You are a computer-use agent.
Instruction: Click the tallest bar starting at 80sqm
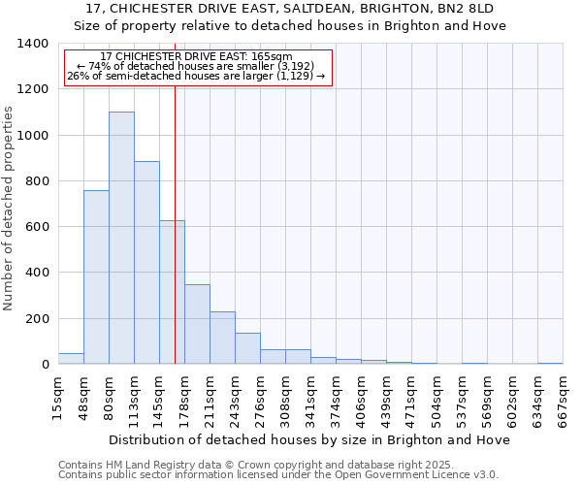(121, 238)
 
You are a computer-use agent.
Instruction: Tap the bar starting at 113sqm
(146, 262)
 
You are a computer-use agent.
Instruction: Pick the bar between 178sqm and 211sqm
(197, 324)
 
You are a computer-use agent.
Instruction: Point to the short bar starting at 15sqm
(71, 359)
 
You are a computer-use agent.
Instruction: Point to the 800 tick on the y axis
(37, 181)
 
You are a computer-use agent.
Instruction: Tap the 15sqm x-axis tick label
(58, 399)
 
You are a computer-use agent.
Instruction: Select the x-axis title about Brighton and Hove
(309, 440)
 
